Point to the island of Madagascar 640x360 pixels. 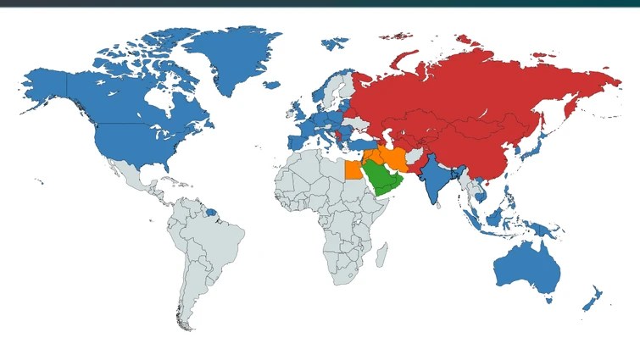tap(382, 253)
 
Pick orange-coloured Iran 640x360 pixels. tap(396, 158)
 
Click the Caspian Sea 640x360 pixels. tap(387, 138)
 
